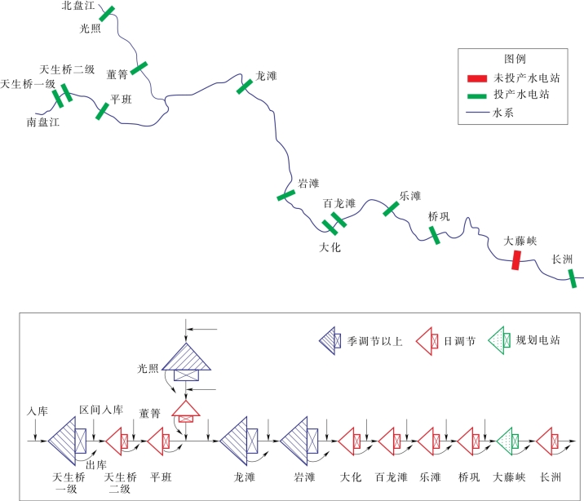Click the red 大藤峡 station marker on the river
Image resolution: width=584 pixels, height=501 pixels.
tap(515, 260)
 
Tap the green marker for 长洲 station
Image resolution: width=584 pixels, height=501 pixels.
tap(573, 278)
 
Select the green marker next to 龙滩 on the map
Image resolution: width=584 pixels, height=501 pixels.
tap(245, 86)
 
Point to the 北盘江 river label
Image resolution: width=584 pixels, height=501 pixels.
tap(79, 7)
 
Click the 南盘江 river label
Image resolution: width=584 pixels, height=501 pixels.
tap(42, 122)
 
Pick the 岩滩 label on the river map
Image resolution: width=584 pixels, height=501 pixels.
tap(309, 183)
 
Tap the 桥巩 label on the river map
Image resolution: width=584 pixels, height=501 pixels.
tap(439, 217)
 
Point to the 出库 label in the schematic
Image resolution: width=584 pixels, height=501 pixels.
tap(95, 464)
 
